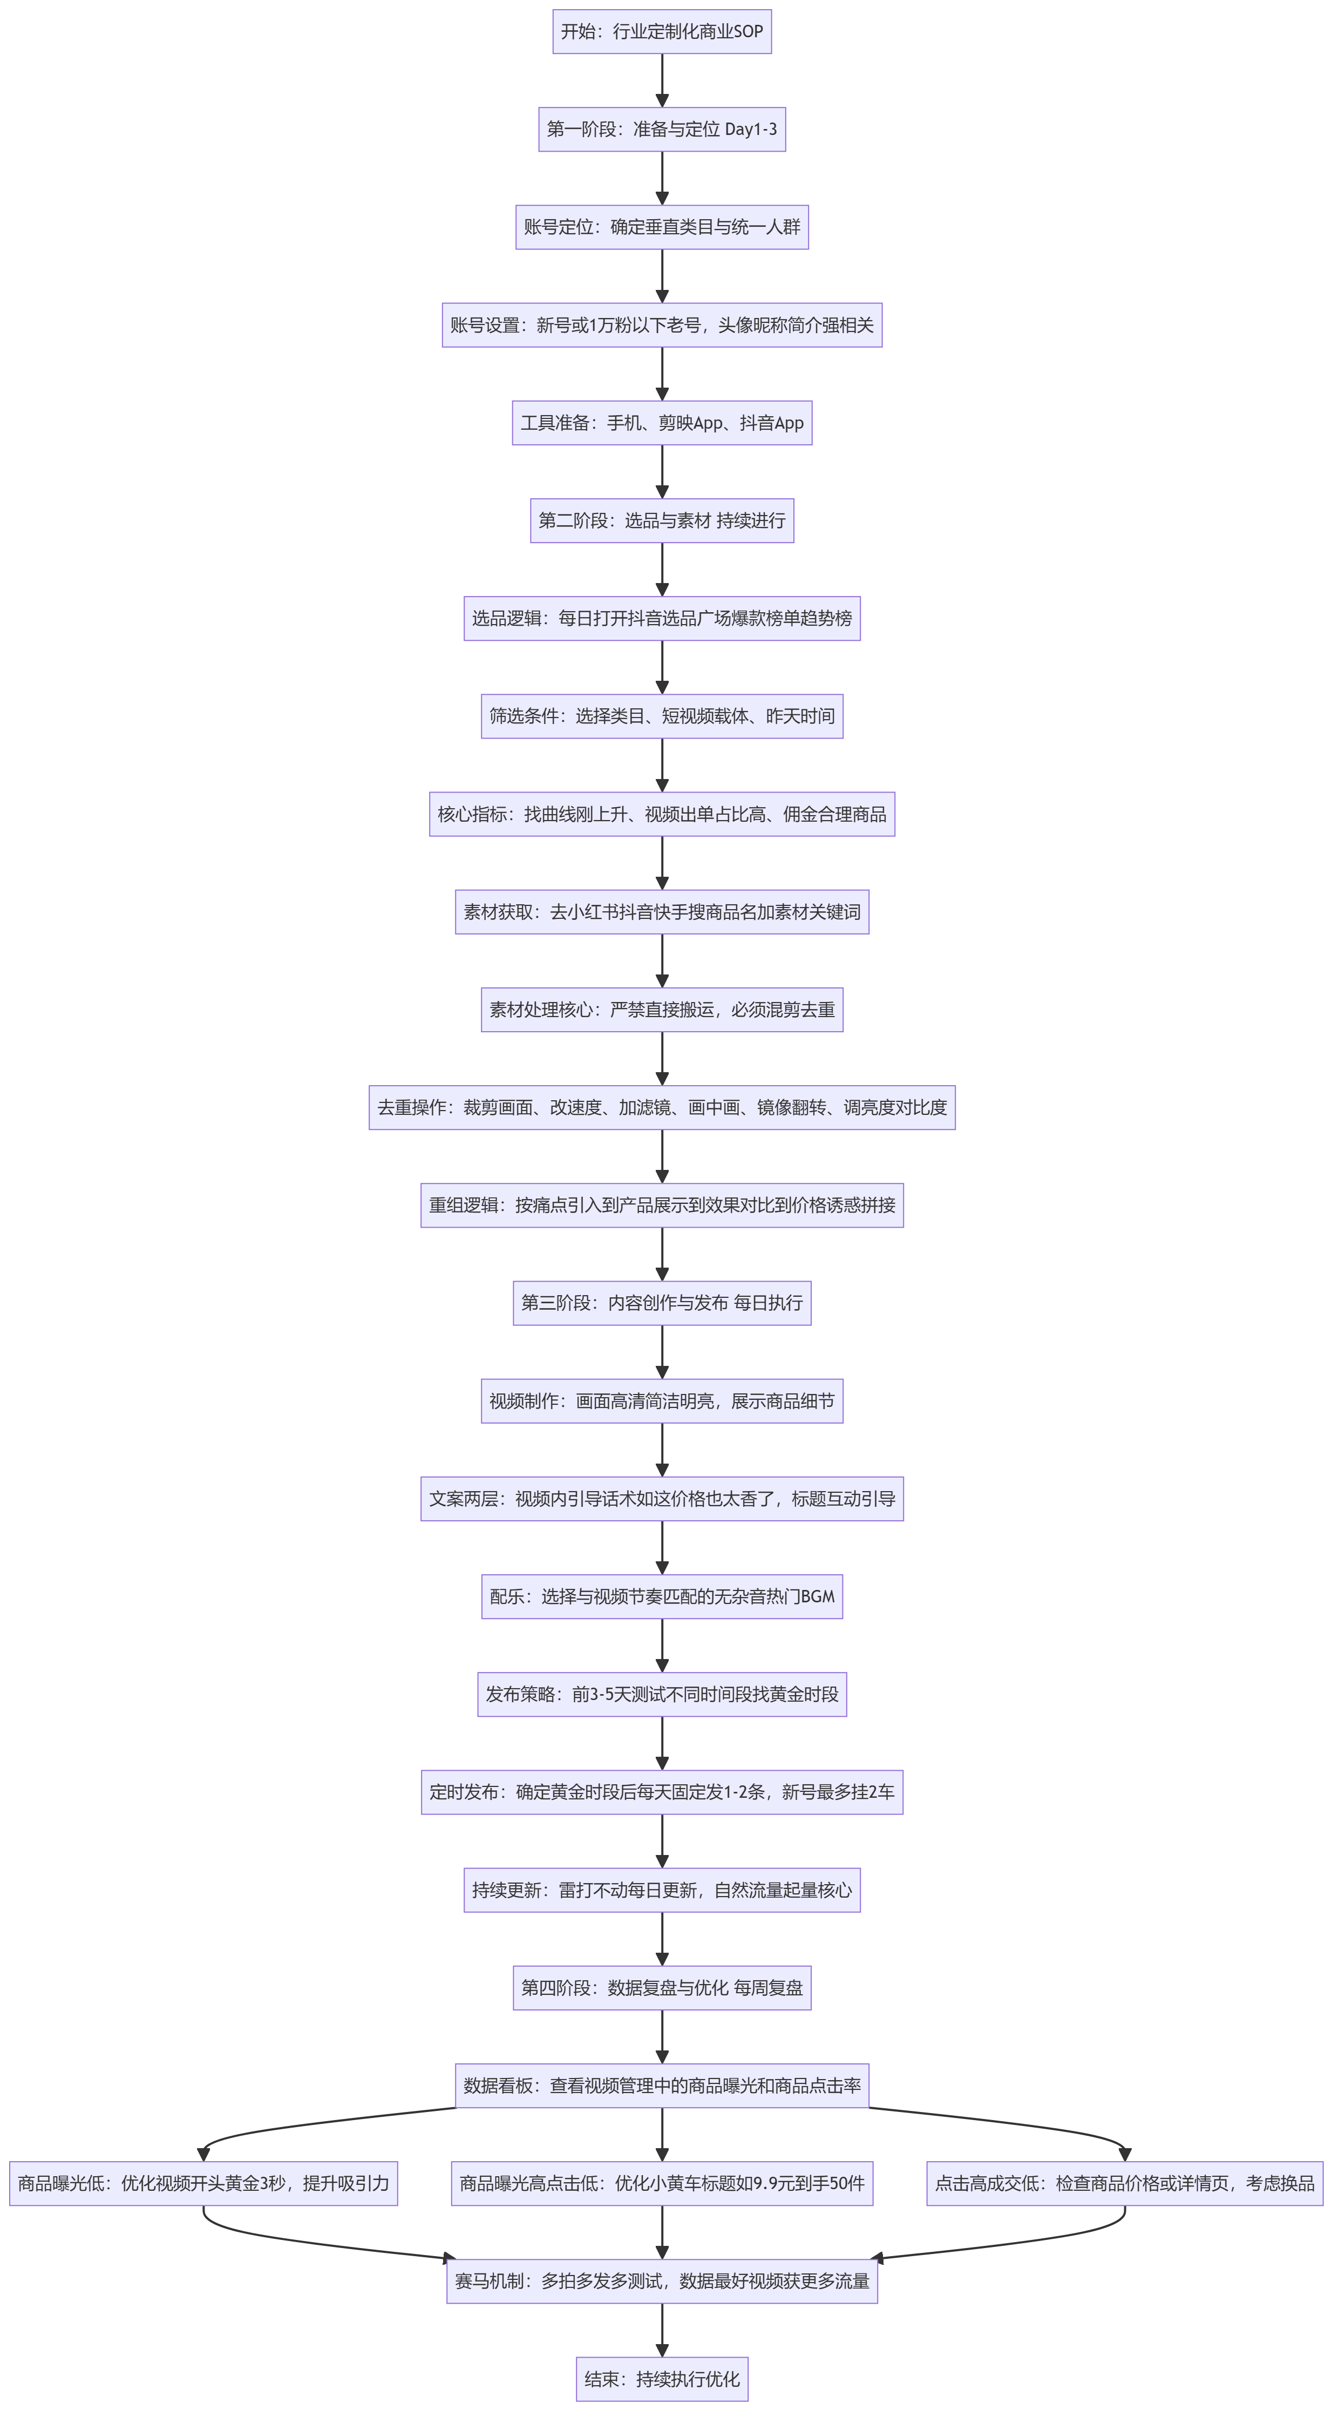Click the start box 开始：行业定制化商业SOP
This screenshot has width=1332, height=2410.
pyautogui.click(x=662, y=31)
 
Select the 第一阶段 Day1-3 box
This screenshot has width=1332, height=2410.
pyautogui.click(x=662, y=129)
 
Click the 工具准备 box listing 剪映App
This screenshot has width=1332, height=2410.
pyautogui.click(x=662, y=423)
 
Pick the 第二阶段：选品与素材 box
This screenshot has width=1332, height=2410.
pyautogui.click(x=662, y=520)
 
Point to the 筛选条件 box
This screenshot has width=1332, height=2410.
pyautogui.click(x=662, y=716)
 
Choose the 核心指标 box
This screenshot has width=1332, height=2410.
pyautogui.click(x=662, y=814)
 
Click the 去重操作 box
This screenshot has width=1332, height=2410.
pyautogui.click(x=662, y=1108)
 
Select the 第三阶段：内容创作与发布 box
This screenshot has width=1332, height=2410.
pyautogui.click(x=662, y=1303)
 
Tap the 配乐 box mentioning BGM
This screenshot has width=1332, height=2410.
pyautogui.click(x=662, y=1596)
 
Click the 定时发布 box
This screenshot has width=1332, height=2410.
pyautogui.click(x=662, y=1792)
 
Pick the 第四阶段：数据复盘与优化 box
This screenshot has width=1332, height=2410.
pyautogui.click(x=662, y=1988)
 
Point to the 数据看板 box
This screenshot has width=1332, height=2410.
pyautogui.click(x=662, y=2086)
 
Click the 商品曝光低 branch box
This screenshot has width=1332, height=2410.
pyautogui.click(x=204, y=2184)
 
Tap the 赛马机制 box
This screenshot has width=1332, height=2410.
pyautogui.click(x=662, y=2281)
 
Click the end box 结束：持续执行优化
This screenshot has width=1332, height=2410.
pyautogui.click(x=662, y=2379)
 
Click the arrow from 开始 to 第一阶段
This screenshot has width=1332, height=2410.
pyautogui.click(x=662, y=80)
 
